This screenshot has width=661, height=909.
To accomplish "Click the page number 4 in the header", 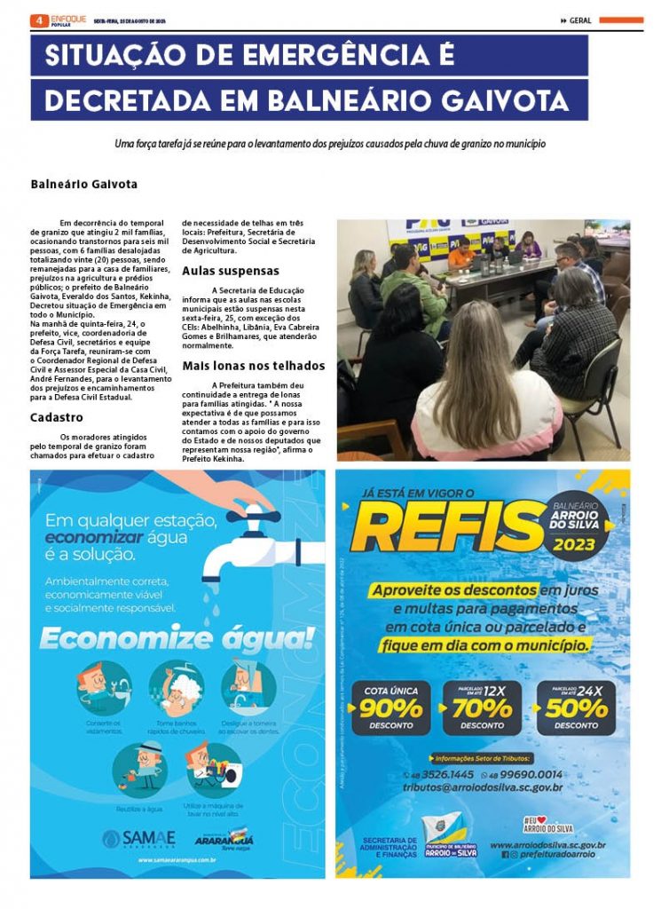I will pyautogui.click(x=39, y=20).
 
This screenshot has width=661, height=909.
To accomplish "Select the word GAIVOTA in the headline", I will pyautogui.click(x=506, y=100).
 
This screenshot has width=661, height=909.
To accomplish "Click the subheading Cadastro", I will pyautogui.click(x=57, y=417).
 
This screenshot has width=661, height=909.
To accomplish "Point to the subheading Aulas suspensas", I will pyautogui.click(x=231, y=271).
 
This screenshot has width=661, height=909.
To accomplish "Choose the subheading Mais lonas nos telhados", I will pyautogui.click(x=254, y=366).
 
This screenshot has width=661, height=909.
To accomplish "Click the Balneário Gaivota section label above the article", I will pyautogui.click(x=83, y=185).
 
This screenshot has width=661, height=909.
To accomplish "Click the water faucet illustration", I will pyautogui.click(x=240, y=541).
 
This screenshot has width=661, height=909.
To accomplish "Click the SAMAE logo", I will pyautogui.click(x=139, y=837).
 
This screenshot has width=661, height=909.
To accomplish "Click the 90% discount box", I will pyautogui.click(x=390, y=708).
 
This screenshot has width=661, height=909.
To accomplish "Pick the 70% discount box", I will pyautogui.click(x=483, y=708).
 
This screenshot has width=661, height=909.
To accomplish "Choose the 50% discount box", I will pyautogui.click(x=575, y=708).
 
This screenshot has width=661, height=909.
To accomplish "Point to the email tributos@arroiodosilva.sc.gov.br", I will pyautogui.click(x=483, y=787).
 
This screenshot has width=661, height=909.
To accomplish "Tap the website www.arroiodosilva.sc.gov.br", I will pyautogui.click(x=547, y=845).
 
